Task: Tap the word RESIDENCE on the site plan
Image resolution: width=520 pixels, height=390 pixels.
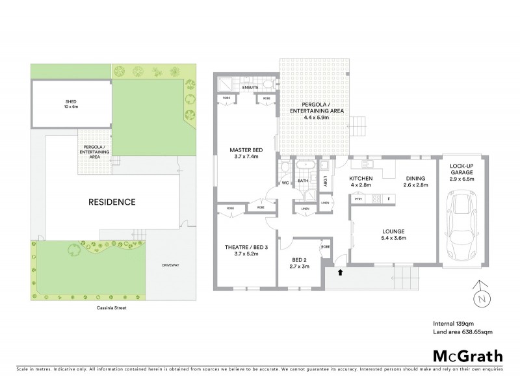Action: click(112, 202)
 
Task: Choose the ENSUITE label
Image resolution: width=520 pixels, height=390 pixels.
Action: click(250, 87)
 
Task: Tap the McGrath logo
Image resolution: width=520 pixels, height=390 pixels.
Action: click(467, 356)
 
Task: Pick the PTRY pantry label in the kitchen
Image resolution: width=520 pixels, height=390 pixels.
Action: click(358, 198)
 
